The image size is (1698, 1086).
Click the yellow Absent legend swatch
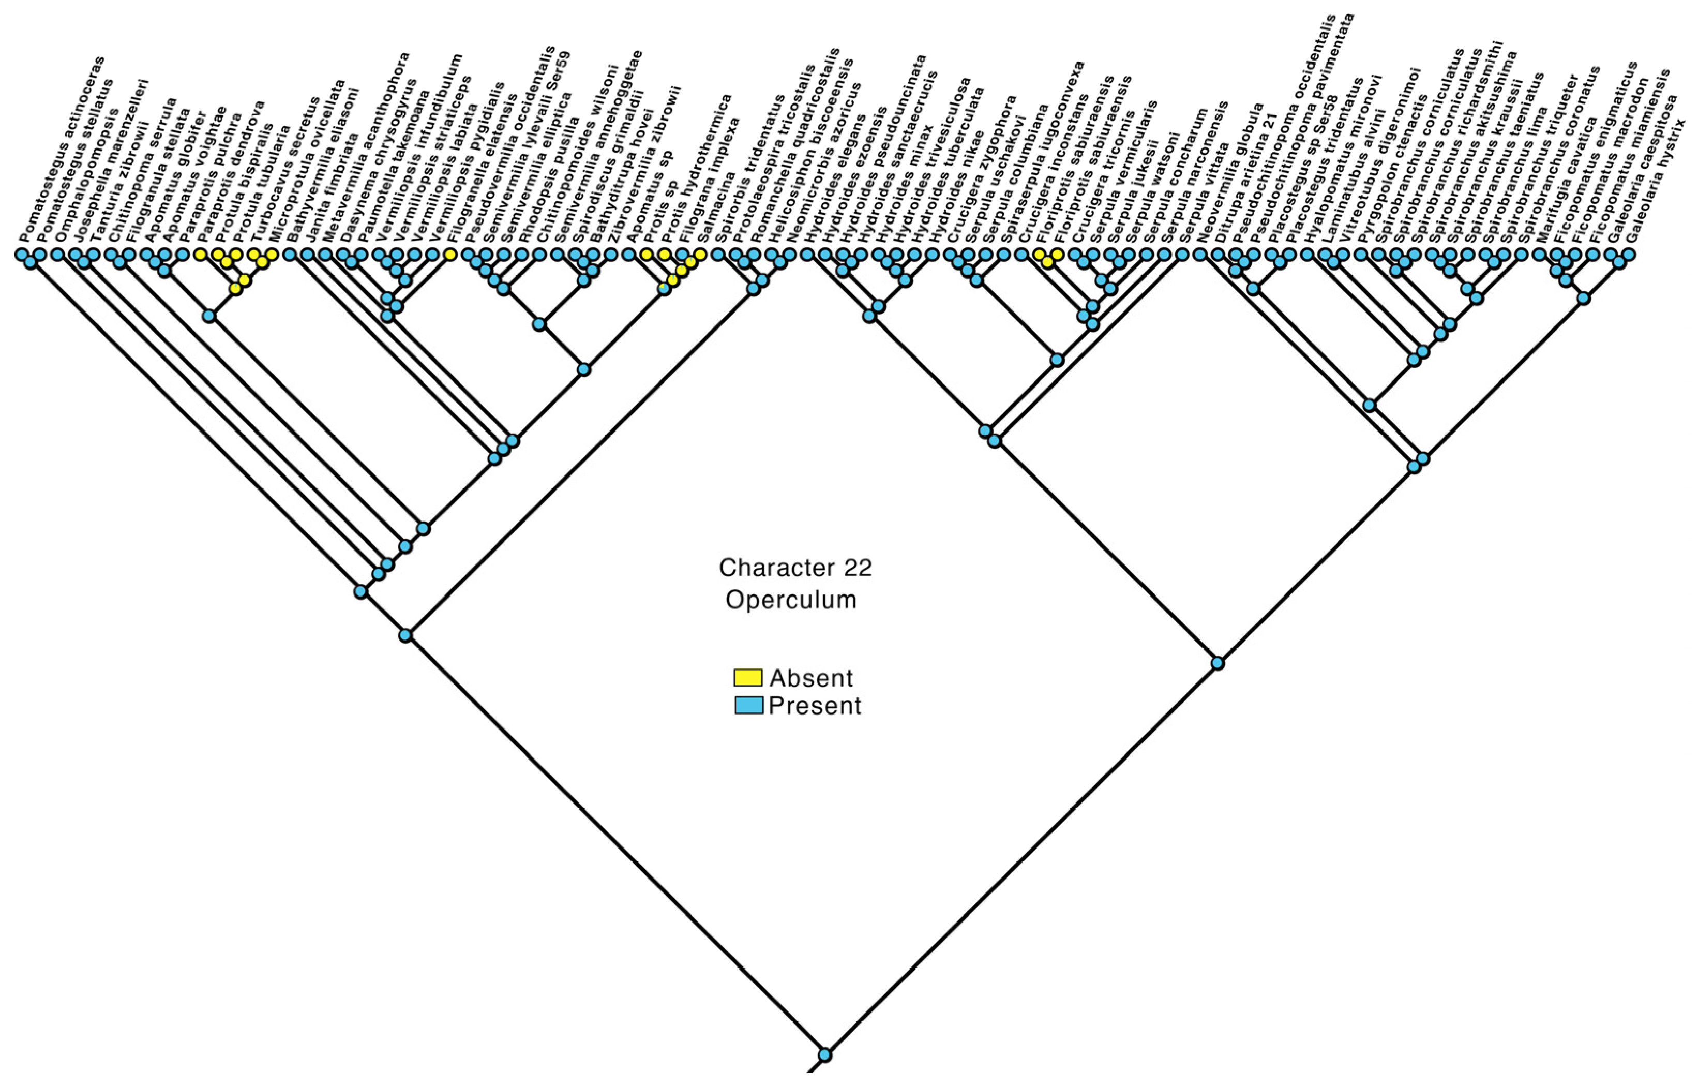pyautogui.click(x=747, y=678)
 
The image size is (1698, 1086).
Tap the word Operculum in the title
pyautogui.click(x=790, y=600)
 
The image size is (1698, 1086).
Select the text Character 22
pyautogui.click(x=795, y=567)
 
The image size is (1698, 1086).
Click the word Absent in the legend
pyautogui.click(x=811, y=678)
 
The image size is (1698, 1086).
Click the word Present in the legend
pyautogui.click(x=815, y=705)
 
